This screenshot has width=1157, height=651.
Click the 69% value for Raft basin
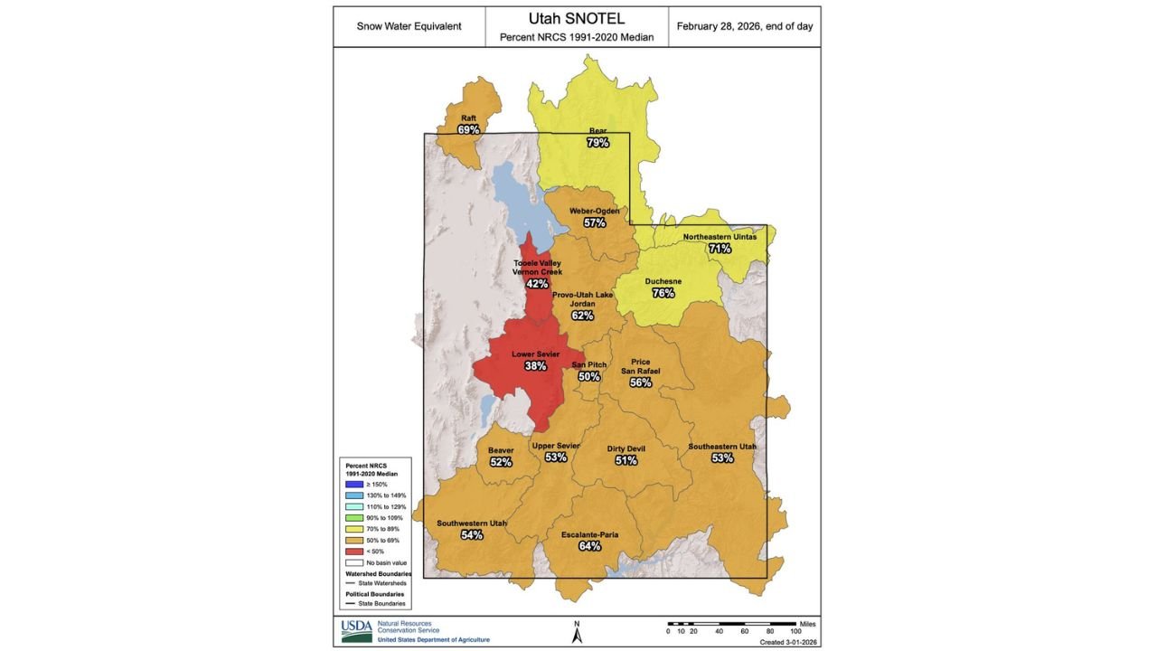point(468,130)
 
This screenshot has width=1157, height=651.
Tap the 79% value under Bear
point(597,143)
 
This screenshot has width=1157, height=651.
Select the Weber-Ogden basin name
point(594,211)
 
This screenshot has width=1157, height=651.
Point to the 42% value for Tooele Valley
point(537,284)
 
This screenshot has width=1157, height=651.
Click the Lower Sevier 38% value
point(535,366)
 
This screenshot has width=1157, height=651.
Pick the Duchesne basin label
point(663,281)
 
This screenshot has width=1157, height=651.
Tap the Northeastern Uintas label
point(720,237)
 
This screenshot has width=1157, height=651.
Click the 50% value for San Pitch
point(589,377)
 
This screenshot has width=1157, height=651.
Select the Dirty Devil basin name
point(626,448)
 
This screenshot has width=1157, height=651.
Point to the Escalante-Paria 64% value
point(589,546)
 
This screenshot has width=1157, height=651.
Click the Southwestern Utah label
point(472,524)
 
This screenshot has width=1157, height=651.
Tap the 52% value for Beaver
point(501,462)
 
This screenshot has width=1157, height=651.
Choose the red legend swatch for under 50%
point(353,551)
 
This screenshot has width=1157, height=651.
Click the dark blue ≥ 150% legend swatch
point(353,484)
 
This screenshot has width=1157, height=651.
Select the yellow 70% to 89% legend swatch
point(353,528)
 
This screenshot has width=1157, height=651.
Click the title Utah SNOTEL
point(576,18)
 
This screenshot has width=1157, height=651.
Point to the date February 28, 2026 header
point(744,26)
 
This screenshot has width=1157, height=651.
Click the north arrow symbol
point(577,633)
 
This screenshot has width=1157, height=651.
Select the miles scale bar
point(731,624)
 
